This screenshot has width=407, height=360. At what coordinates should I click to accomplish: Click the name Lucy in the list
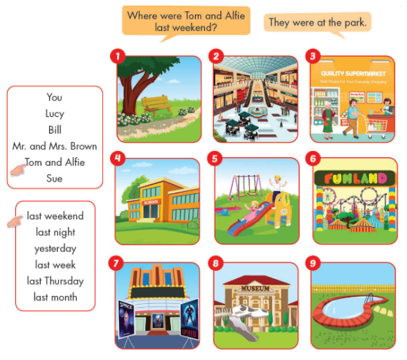[x=55, y=114]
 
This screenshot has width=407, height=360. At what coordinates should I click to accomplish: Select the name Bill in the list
[x=55, y=129]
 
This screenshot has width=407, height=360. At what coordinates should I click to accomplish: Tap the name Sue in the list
[x=55, y=179]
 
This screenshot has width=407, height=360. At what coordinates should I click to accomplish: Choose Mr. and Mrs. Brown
[x=55, y=146]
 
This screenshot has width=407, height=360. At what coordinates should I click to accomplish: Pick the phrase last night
[x=55, y=233]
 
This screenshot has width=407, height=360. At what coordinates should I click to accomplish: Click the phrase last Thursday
[x=55, y=281]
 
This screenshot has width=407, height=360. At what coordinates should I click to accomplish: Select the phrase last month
[x=55, y=298]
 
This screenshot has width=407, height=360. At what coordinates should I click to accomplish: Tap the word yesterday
[x=55, y=249]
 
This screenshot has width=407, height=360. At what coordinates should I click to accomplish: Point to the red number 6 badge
[x=314, y=159]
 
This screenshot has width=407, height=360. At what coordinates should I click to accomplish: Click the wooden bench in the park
[x=157, y=105]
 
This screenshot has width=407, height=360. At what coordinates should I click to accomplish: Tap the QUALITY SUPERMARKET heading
[x=352, y=72]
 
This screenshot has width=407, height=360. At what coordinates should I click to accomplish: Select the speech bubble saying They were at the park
[x=318, y=23]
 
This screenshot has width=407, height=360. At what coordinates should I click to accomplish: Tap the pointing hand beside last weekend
[x=16, y=221]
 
